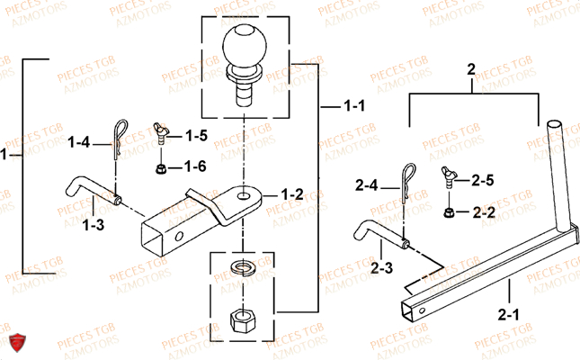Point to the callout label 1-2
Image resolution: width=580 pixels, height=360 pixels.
(x=292, y=194)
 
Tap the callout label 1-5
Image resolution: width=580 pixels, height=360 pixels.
(x=196, y=137)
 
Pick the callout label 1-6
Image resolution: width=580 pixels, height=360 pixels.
(x=196, y=167)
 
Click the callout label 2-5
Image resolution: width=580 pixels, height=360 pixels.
(x=484, y=181)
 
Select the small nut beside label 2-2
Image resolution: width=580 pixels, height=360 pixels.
(x=449, y=211)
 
